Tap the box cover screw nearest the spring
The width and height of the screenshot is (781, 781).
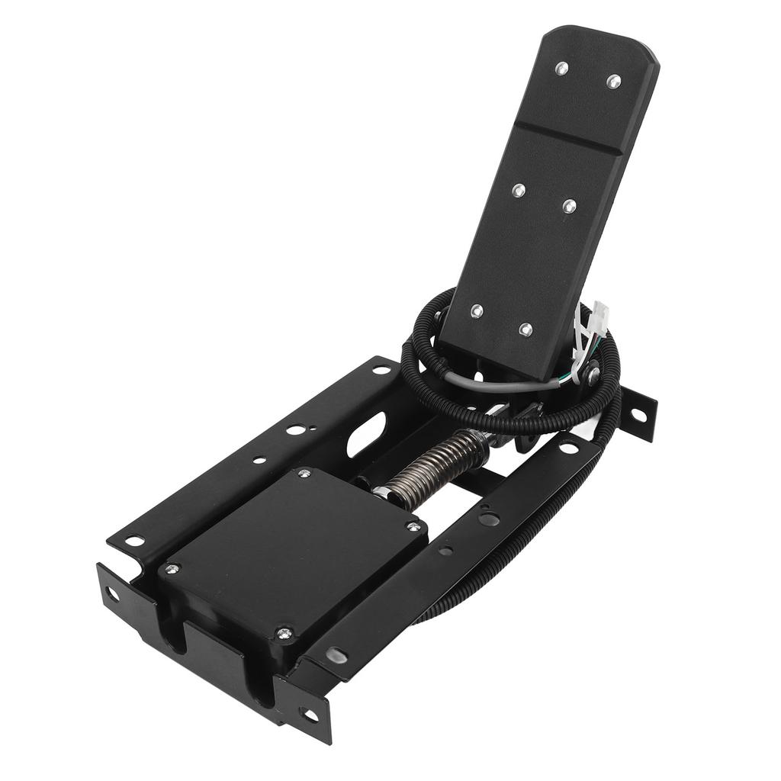tap(304, 474)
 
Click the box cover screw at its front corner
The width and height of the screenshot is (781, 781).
tap(284, 632)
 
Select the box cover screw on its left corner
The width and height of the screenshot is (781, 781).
tap(172, 568)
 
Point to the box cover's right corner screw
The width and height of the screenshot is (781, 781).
tap(413, 526)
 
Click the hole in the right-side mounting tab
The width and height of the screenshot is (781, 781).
tap(638, 415)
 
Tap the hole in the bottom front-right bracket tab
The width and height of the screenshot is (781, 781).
tap(310, 715)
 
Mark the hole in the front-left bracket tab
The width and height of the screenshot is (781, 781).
tap(113, 593)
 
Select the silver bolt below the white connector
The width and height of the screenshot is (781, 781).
tap(593, 375)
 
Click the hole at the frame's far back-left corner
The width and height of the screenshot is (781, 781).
tap(381, 369)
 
